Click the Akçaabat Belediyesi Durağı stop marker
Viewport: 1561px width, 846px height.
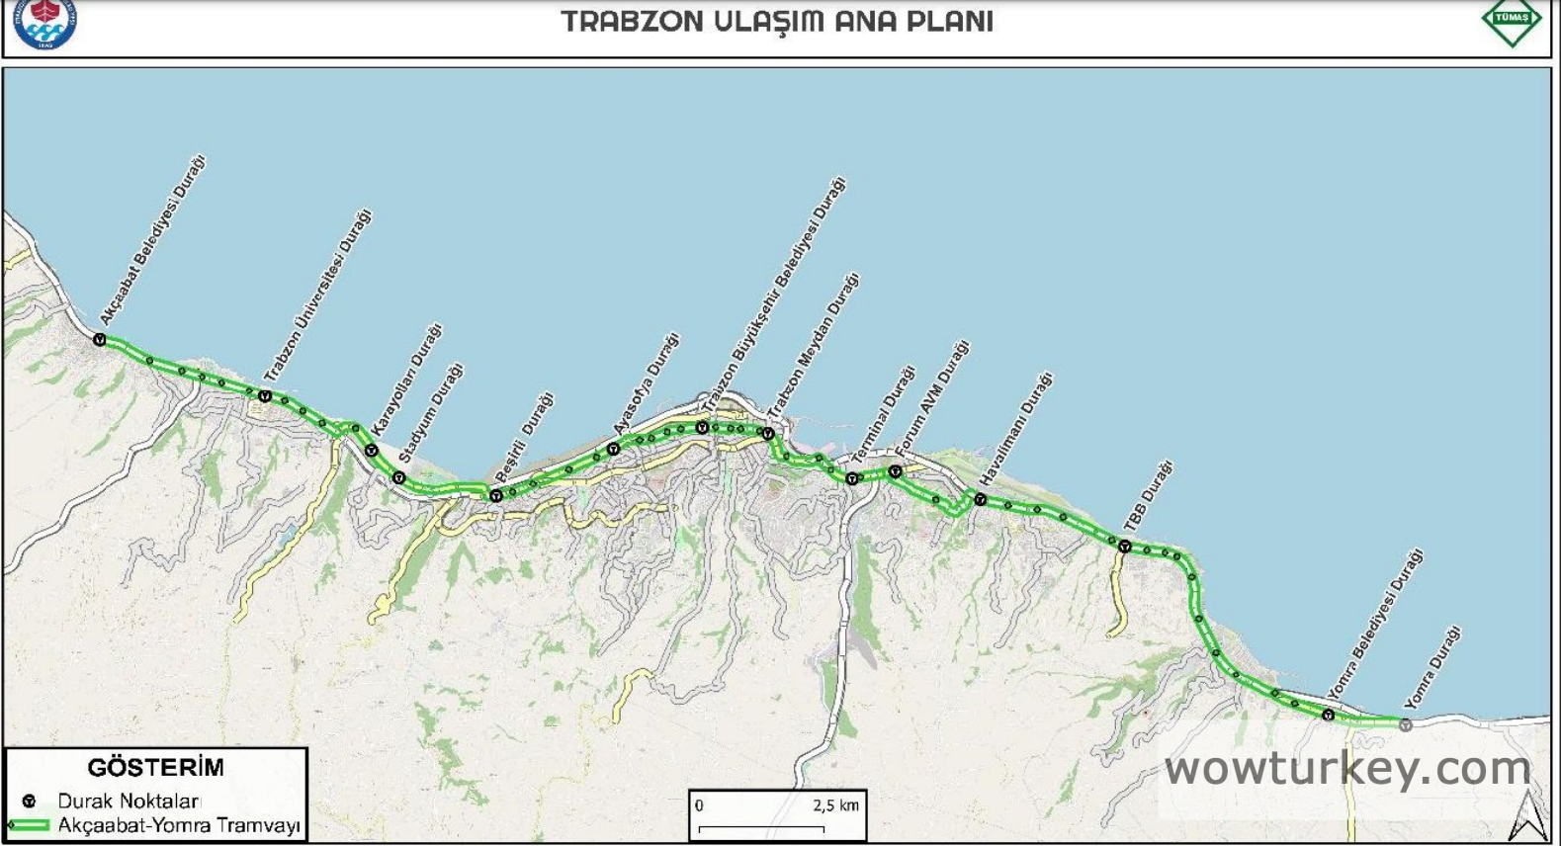pyautogui.click(x=100, y=340)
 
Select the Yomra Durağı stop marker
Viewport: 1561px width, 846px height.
pyautogui.click(x=1405, y=724)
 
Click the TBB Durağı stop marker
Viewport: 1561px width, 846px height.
pyautogui.click(x=1125, y=546)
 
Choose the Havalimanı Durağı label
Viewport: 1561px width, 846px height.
pyautogui.click(x=1016, y=428)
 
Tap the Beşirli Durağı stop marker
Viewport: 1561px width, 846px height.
pyautogui.click(x=496, y=495)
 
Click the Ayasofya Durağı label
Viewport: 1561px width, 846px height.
pyautogui.click(x=647, y=384)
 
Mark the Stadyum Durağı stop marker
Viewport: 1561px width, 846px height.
pyautogui.click(x=399, y=478)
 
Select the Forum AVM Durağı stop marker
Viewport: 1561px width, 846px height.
pyautogui.click(x=895, y=472)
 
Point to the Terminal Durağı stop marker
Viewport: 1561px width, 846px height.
pyautogui.click(x=852, y=478)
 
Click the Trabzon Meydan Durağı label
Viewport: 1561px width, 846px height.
pyautogui.click(x=813, y=345)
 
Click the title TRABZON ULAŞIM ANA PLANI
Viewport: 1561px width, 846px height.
pyautogui.click(x=777, y=22)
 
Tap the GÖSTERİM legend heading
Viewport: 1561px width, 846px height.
pyautogui.click(x=156, y=767)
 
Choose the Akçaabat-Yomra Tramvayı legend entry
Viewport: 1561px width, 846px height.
pyautogui.click(x=178, y=825)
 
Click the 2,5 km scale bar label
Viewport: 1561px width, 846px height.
pyautogui.click(x=836, y=805)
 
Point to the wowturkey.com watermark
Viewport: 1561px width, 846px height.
pyautogui.click(x=1347, y=769)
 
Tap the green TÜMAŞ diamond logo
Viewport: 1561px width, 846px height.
pyautogui.click(x=1512, y=21)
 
